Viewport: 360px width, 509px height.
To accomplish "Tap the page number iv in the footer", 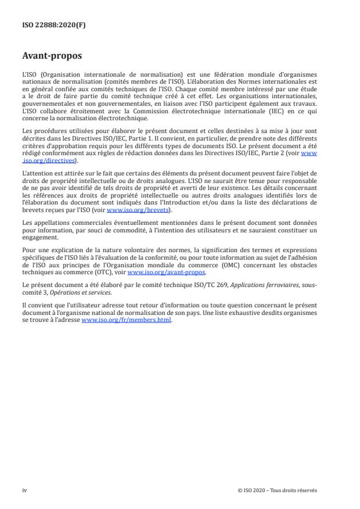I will click(24, 490).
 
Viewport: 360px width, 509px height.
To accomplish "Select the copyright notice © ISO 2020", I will click(278, 490).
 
